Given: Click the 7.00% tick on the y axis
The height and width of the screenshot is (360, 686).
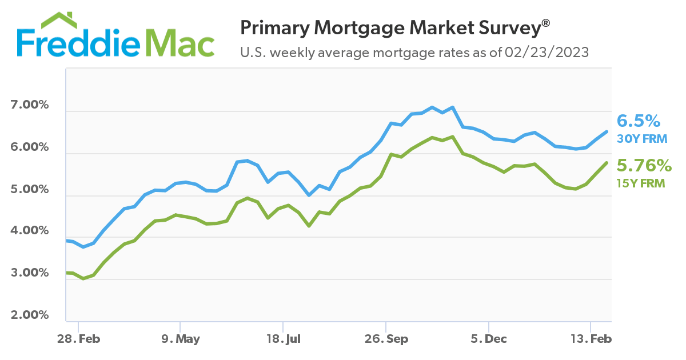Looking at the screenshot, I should tap(29, 106).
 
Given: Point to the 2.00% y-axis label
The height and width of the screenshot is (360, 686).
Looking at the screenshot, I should tap(29, 315).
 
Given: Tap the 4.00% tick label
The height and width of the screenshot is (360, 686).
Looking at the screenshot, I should tap(29, 231).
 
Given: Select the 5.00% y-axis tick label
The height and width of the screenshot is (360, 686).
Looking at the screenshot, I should tap(29, 189).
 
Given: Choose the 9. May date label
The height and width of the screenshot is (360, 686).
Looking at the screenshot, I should tap(180, 339).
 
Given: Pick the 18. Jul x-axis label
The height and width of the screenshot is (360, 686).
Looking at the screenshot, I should tap(283, 339).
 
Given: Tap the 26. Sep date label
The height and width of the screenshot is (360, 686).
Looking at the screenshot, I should tap(386, 339).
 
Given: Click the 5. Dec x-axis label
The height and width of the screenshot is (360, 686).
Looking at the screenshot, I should tap(489, 339).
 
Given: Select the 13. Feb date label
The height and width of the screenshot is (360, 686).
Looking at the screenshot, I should tap(590, 339).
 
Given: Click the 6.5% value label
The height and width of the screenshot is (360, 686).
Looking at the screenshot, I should tap(639, 121).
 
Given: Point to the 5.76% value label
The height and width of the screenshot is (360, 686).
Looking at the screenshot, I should tap(644, 166).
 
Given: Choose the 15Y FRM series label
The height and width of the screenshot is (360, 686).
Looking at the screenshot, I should tap(641, 183).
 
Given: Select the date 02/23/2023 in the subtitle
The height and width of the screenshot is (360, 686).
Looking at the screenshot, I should tap(546, 53).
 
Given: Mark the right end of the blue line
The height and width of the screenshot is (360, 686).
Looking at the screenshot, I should tap(607, 131).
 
